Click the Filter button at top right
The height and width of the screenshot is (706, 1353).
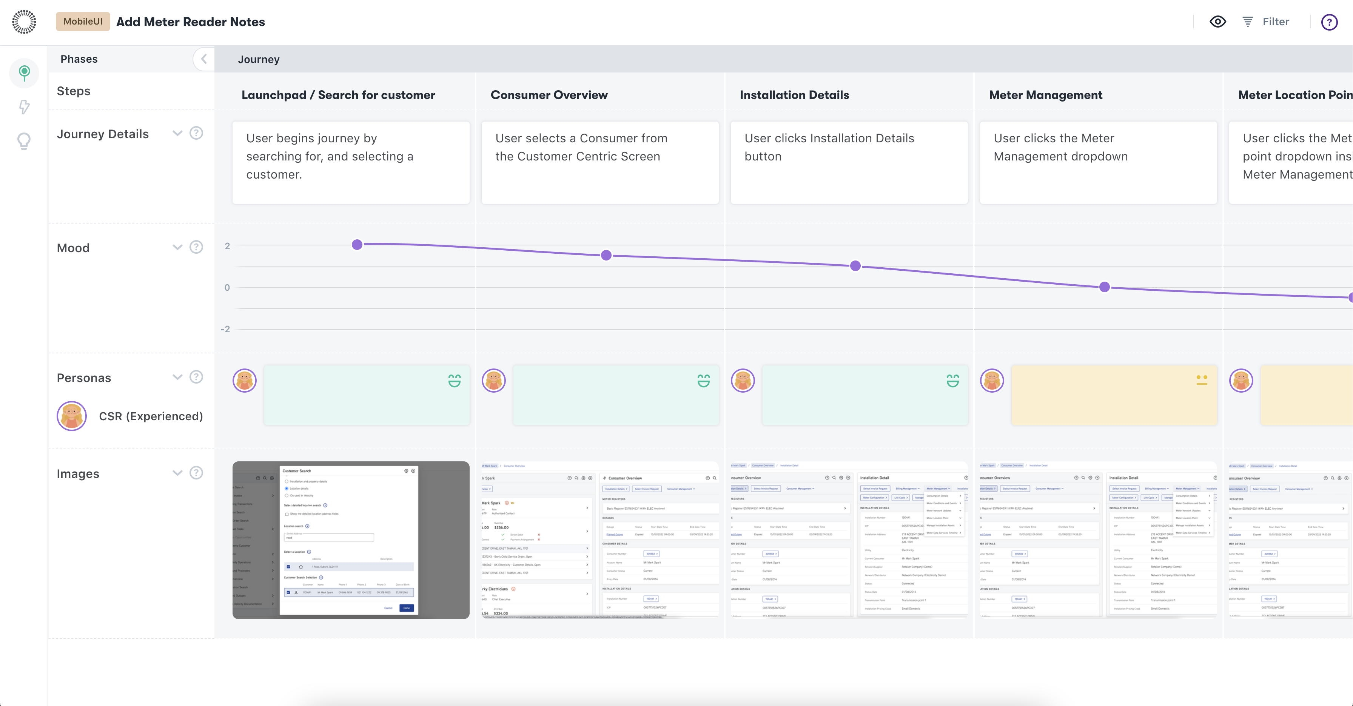pyautogui.click(x=1266, y=22)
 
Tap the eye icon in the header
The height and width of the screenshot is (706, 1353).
pyautogui.click(x=1217, y=22)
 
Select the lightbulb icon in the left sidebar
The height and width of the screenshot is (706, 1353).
pyautogui.click(x=24, y=141)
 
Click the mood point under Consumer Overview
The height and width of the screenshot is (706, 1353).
pyautogui.click(x=606, y=255)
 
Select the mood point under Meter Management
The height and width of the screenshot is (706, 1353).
pyautogui.click(x=1105, y=287)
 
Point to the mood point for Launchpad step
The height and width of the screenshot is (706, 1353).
pyautogui.click(x=357, y=244)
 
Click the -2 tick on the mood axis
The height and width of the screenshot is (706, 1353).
pyautogui.click(x=225, y=329)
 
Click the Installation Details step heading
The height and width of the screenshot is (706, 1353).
pyautogui.click(x=794, y=95)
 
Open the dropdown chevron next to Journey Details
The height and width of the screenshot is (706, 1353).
pyautogui.click(x=177, y=133)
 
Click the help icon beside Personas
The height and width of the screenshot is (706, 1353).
pyautogui.click(x=196, y=377)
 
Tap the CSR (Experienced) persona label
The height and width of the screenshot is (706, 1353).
pyautogui.click(x=151, y=416)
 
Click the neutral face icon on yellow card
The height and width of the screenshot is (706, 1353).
pyautogui.click(x=1202, y=380)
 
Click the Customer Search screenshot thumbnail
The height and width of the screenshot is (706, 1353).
pyautogui.click(x=351, y=540)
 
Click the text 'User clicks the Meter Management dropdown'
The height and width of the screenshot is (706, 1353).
pyautogui.click(x=1060, y=147)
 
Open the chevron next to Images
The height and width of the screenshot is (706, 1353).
pyautogui.click(x=177, y=473)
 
